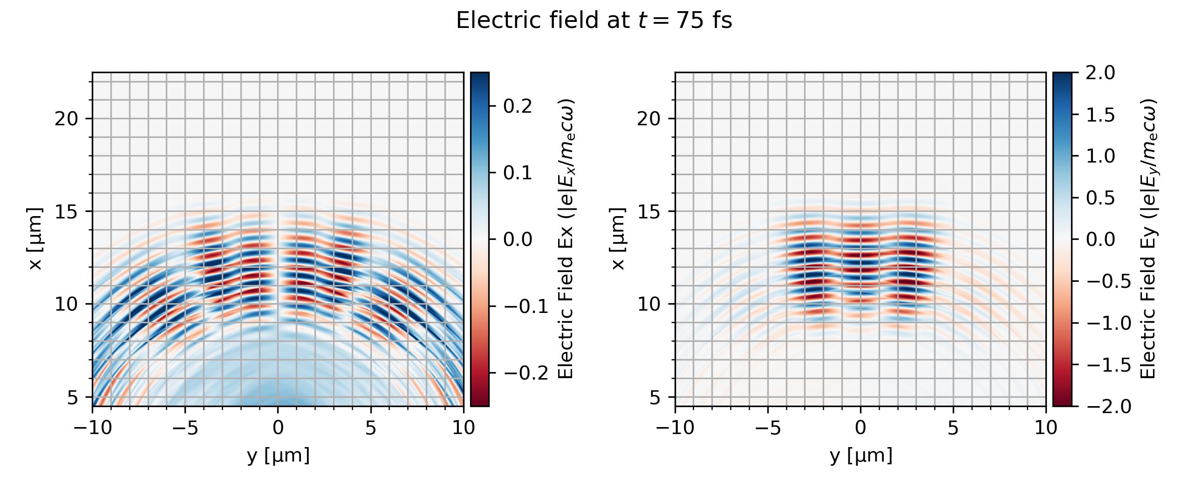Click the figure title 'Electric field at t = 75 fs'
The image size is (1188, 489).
click(x=594, y=21)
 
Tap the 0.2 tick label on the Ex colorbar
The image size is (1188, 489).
click(x=517, y=106)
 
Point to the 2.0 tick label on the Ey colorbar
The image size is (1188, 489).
click(x=1100, y=73)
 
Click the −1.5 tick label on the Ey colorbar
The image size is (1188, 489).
click(x=1109, y=365)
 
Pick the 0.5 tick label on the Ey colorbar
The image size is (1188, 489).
click(x=1100, y=198)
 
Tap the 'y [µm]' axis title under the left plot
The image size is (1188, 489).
click(x=278, y=455)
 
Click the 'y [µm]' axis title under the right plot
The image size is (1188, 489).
click(x=861, y=455)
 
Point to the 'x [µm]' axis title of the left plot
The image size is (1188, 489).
click(x=35, y=239)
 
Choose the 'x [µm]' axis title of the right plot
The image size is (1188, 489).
click(x=618, y=239)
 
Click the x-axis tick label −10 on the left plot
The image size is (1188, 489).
click(x=93, y=428)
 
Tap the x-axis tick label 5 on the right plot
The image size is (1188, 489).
click(x=953, y=428)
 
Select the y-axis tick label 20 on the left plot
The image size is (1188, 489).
click(x=67, y=119)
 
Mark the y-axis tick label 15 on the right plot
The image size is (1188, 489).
click(x=649, y=211)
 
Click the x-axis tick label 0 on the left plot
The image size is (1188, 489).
click(x=278, y=428)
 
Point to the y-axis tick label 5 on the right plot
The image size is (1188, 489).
click(x=655, y=397)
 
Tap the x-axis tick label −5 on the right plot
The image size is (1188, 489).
click(x=768, y=428)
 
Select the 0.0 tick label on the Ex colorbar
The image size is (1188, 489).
click(x=517, y=239)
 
